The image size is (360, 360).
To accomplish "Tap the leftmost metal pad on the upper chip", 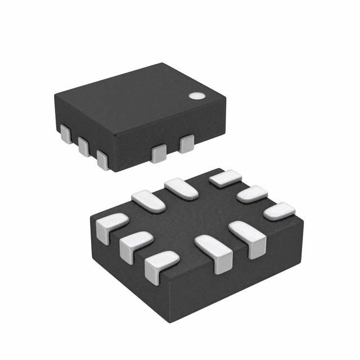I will pyautogui.click(x=65, y=135).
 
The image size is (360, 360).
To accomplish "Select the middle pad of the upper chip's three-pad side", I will pyautogui.click(x=84, y=147).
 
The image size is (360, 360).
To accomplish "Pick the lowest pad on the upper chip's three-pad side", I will pyautogui.click(x=103, y=159).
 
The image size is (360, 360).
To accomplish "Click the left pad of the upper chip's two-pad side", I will pyautogui.click(x=159, y=152).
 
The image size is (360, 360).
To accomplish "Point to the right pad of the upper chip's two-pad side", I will pyautogui.click(x=186, y=144).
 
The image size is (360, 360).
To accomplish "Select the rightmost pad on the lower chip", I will pyautogui.click(x=279, y=211).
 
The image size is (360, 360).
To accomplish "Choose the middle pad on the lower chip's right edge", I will pyautogui.click(x=251, y=194).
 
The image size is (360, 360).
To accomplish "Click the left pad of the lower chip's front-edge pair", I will pyautogui.click(x=214, y=253).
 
